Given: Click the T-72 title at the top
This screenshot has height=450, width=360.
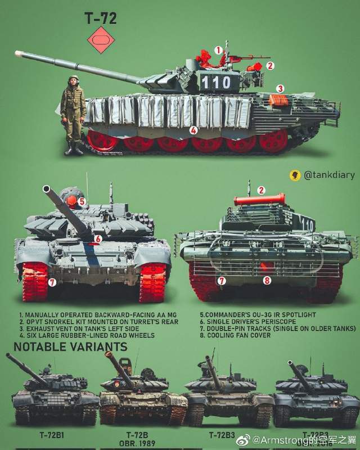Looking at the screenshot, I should [x=101, y=19].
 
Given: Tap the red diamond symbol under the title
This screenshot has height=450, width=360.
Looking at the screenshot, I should [x=101, y=40].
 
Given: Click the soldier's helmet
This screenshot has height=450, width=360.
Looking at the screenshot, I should [x=73, y=79].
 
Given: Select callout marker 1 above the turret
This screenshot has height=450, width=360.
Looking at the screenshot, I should [x=218, y=51].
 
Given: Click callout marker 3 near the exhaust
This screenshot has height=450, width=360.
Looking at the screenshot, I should [x=280, y=88].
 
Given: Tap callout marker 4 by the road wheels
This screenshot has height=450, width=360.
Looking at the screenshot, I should [x=193, y=130].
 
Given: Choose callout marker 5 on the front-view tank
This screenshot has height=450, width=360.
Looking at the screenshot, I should [x=82, y=200].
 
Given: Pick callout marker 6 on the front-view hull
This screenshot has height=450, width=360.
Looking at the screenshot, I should [x=97, y=238].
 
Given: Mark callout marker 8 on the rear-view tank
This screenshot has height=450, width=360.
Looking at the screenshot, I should [x=267, y=280].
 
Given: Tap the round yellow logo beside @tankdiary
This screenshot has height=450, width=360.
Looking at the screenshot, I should [x=295, y=175].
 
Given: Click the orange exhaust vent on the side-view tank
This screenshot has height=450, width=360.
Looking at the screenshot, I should [x=278, y=100].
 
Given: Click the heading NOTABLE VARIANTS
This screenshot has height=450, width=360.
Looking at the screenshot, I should [x=64, y=346].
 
